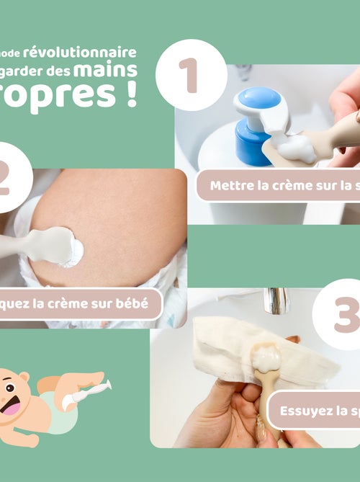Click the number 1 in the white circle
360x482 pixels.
[x=189, y=76]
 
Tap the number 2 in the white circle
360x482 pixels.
[x=6, y=180]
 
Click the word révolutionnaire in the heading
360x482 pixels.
[x=80, y=53]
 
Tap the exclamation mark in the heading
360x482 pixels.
[x=131, y=96]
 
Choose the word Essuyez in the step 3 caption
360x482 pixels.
[x=304, y=412]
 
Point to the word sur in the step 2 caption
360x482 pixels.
[x=97, y=304]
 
